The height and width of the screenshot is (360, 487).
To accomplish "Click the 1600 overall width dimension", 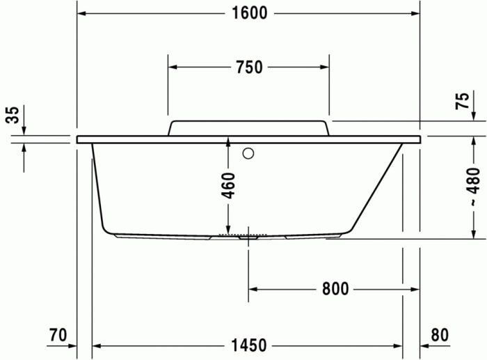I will click(248, 13).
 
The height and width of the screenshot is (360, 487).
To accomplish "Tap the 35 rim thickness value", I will click(12, 116).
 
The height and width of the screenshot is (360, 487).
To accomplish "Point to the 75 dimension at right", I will click(461, 102).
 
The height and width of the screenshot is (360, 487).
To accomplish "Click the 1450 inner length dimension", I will click(248, 345).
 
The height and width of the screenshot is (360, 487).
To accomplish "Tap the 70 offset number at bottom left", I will click(58, 335).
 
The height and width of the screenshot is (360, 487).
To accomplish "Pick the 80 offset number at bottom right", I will click(439, 335).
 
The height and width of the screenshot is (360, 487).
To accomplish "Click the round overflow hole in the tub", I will click(248, 154).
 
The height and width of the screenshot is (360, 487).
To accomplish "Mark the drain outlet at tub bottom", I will click(248, 237).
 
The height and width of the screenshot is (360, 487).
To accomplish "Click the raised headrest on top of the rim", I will click(248, 127).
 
